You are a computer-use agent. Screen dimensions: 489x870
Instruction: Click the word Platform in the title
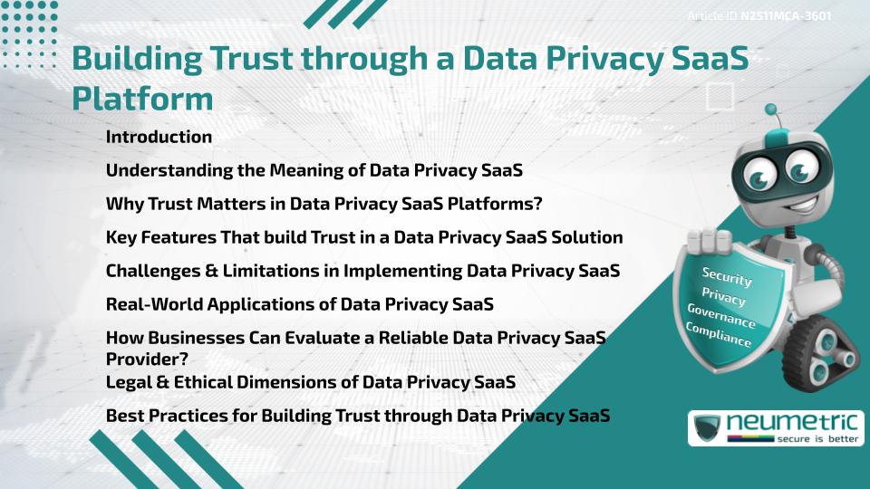pos(142,98)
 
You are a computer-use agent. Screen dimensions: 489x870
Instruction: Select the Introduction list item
pos(159,138)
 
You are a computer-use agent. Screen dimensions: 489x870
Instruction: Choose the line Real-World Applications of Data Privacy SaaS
pos(299,304)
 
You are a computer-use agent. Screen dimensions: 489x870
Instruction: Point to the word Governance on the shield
pos(721,316)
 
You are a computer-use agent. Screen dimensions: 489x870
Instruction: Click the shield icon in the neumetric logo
pos(708,427)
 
